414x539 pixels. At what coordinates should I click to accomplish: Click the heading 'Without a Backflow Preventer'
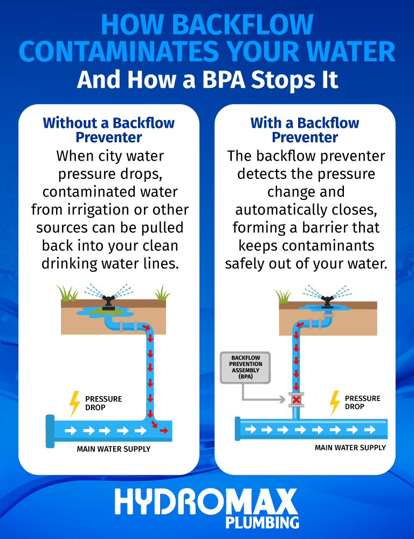[108, 130]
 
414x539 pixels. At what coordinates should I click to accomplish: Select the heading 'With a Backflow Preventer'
[305, 130]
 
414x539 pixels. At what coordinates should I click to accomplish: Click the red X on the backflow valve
[296, 399]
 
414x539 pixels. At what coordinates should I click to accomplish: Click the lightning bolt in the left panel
[74, 403]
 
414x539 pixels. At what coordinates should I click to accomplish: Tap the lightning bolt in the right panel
[335, 402]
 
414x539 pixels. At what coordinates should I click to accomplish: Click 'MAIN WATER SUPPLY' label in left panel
[113, 449]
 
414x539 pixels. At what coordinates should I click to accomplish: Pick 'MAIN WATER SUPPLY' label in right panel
[350, 448]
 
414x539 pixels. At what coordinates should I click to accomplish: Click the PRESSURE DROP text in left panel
[103, 403]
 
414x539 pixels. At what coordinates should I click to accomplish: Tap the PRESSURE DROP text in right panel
[363, 402]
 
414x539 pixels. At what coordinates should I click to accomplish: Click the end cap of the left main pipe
[50, 431]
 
